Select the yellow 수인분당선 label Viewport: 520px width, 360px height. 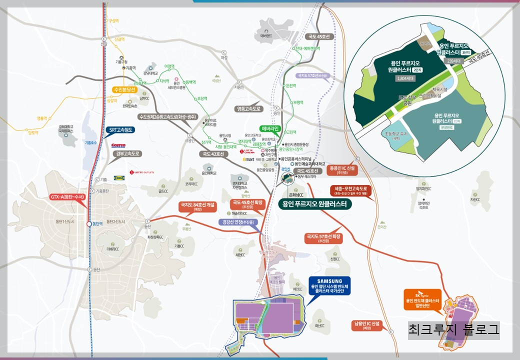point(127,90)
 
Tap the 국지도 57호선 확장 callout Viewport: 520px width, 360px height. point(323,237)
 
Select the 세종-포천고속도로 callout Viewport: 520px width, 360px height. point(352,191)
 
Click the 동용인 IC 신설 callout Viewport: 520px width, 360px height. point(342,170)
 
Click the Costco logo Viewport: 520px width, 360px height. point(118,145)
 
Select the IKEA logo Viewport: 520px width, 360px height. point(119,177)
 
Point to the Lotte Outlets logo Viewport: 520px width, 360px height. point(142,172)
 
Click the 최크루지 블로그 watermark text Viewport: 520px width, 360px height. point(453,330)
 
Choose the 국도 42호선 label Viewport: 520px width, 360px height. point(214,154)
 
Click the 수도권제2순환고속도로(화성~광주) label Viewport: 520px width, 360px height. point(161,116)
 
